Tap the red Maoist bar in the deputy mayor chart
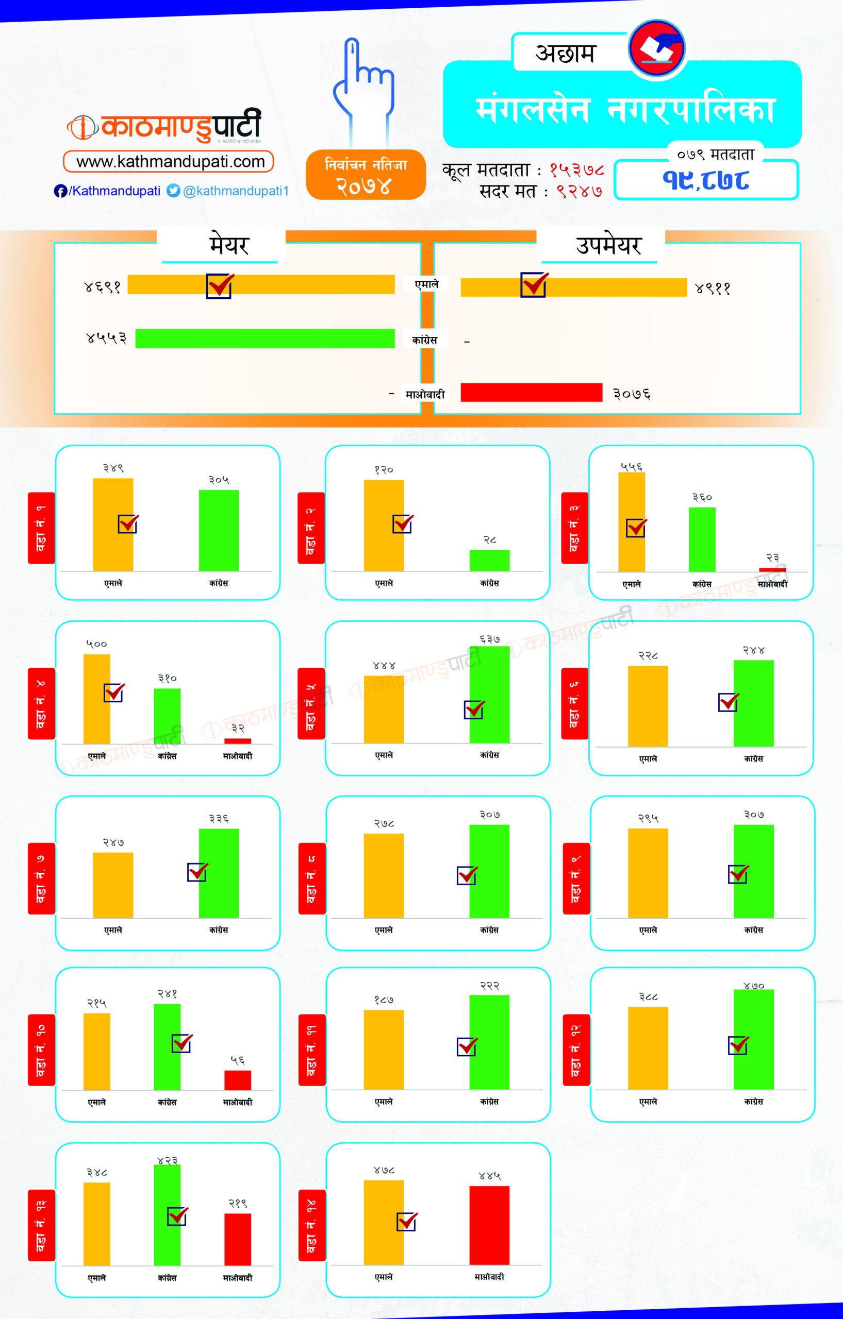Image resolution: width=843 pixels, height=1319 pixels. (531, 392)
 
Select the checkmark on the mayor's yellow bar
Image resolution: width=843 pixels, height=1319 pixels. (220, 285)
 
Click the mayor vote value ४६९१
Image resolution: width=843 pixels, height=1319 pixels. (103, 286)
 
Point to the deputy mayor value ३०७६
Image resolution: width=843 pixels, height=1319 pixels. (632, 394)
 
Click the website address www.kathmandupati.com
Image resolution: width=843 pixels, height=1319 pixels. (170, 162)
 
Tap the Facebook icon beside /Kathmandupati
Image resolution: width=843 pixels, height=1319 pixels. (60, 191)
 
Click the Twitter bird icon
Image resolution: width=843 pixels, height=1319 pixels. (173, 191)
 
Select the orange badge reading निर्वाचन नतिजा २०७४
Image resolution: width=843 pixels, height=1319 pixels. (366, 175)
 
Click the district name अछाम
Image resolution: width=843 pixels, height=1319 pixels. (565, 53)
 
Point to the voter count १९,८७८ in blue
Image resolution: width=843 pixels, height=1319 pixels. (706, 180)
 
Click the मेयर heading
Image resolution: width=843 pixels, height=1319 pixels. (229, 244)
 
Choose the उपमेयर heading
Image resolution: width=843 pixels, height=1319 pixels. (608, 244)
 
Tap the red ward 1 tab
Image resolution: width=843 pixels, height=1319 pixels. (41, 528)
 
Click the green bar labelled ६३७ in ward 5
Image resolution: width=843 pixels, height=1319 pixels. (489, 695)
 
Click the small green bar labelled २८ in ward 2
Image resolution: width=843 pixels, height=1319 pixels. (489, 561)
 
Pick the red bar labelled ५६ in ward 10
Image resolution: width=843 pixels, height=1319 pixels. (237, 1080)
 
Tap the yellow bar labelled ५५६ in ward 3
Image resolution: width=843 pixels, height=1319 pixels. (632, 521)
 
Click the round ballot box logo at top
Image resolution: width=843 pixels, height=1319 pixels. (657, 48)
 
